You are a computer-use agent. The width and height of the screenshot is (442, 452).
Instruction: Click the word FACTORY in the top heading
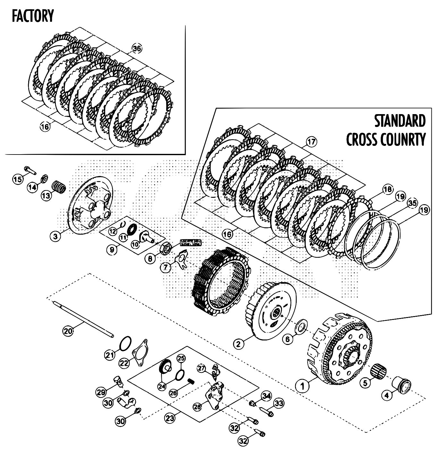(32, 16)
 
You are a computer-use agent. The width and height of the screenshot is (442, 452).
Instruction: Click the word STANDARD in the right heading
(400, 121)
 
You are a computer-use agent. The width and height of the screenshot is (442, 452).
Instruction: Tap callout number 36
(137, 48)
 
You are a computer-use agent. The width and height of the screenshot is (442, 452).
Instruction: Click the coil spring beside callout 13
(59, 186)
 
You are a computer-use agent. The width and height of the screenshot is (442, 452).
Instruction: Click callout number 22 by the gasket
(124, 363)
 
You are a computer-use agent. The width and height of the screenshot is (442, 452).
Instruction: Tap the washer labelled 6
(302, 327)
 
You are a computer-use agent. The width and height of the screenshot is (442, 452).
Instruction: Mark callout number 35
(412, 203)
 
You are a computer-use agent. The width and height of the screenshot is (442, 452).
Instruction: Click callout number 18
(387, 189)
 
